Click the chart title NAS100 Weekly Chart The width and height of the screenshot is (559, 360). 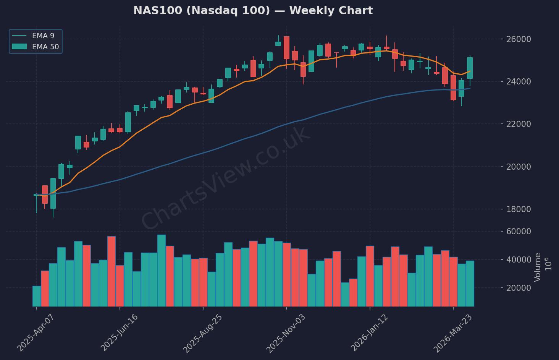pyautogui.click(x=253, y=10)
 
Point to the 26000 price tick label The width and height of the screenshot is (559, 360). pyautogui.click(x=518, y=39)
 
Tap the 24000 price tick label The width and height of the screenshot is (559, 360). pyautogui.click(x=518, y=82)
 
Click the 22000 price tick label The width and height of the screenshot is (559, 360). pyautogui.click(x=518, y=124)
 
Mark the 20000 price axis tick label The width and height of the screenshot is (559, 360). pyautogui.click(x=518, y=167)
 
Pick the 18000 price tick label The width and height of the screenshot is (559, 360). pyautogui.click(x=518, y=209)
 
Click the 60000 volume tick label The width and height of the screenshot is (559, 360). pyautogui.click(x=518, y=231)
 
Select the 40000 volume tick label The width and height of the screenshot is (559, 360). pyautogui.click(x=518, y=260)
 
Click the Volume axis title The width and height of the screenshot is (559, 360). pyautogui.click(x=538, y=267)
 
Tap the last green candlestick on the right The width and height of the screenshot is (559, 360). pyautogui.click(x=470, y=68)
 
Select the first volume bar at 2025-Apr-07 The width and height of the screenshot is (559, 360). pyautogui.click(x=37, y=296)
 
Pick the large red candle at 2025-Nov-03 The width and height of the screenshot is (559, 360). pyautogui.click(x=286, y=48)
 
